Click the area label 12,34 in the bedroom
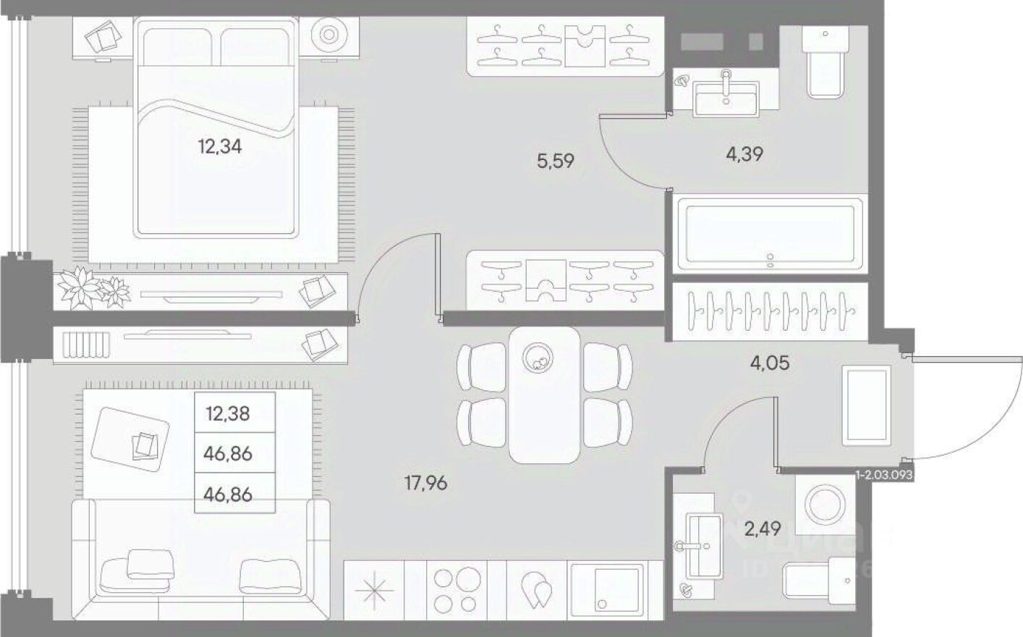[x=220, y=147]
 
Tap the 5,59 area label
[x=556, y=160]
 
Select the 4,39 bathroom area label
[x=744, y=153]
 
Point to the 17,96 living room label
[x=425, y=482]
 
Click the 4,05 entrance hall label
[x=769, y=361]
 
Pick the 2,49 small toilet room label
[x=763, y=529]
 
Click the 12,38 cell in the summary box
[x=228, y=413]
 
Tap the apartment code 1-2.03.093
[x=884, y=476]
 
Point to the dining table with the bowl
[x=544, y=395]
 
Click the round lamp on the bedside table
[x=328, y=35]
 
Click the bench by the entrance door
[x=865, y=405]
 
